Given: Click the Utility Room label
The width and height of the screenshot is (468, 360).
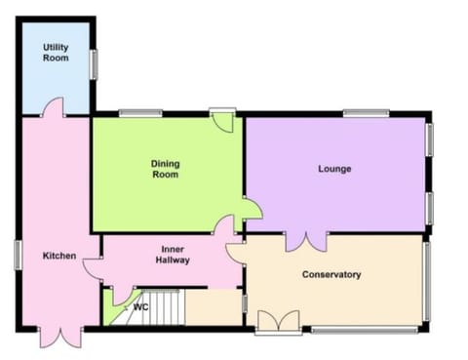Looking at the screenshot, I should click(55, 52).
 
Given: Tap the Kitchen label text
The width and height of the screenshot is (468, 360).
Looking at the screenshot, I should click(58, 256).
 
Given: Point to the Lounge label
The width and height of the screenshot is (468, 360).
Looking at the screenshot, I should click(334, 169).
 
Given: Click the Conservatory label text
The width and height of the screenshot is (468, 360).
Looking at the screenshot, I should click(331, 274).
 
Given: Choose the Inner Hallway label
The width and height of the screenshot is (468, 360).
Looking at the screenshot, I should click(174, 255).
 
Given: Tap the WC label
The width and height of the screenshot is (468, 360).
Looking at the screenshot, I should click(140, 307).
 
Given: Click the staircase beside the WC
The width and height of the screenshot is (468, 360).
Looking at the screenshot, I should click(155, 310).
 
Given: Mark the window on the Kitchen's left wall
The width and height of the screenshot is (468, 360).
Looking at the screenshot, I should click(17, 255).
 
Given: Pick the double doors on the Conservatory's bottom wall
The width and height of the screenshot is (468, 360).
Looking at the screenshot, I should click(278, 322).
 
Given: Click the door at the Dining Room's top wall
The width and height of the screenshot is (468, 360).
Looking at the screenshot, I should click(223, 121).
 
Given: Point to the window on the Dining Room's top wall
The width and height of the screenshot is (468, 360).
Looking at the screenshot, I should click(139, 114).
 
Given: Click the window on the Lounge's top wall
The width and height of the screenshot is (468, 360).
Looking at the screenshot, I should click(366, 114).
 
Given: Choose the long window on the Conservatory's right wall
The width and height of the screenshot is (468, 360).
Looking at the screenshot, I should click(426, 280).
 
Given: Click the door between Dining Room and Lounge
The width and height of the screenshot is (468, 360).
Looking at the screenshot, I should click(250, 208).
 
